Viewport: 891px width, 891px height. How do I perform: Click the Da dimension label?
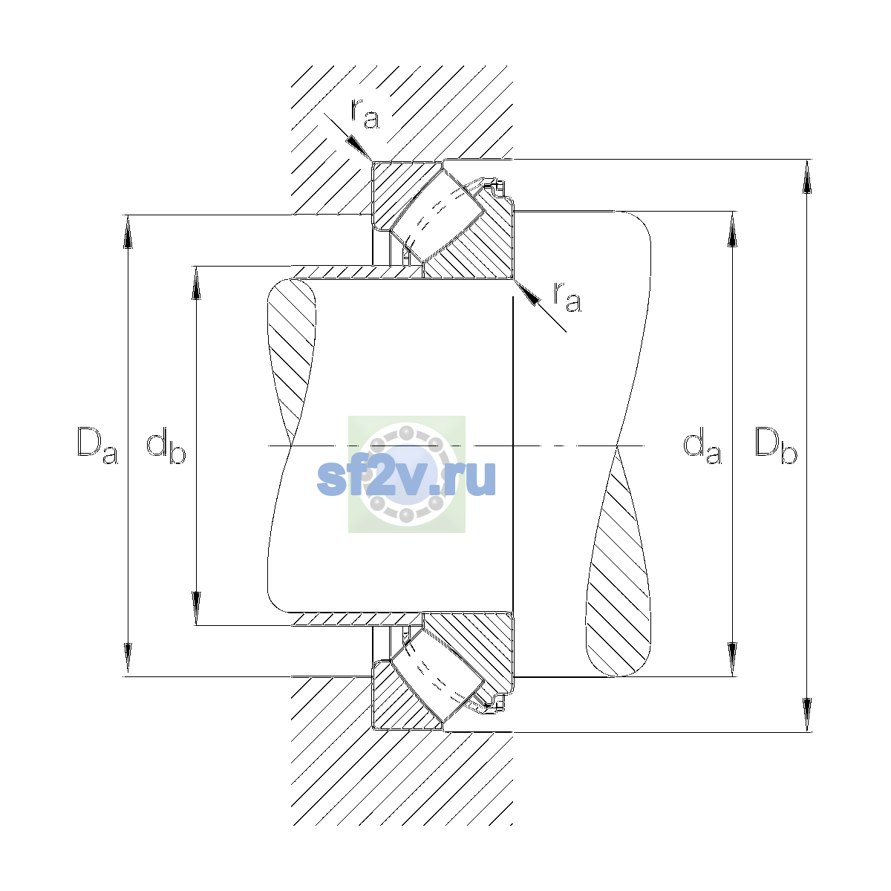(97, 446)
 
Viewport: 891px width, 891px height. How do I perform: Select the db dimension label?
(166, 446)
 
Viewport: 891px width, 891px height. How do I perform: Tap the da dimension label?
(702, 446)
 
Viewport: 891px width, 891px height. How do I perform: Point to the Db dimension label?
(776, 446)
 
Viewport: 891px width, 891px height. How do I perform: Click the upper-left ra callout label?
(365, 113)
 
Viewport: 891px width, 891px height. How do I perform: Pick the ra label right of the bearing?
(567, 296)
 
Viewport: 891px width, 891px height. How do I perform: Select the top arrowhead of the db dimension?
(196, 283)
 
